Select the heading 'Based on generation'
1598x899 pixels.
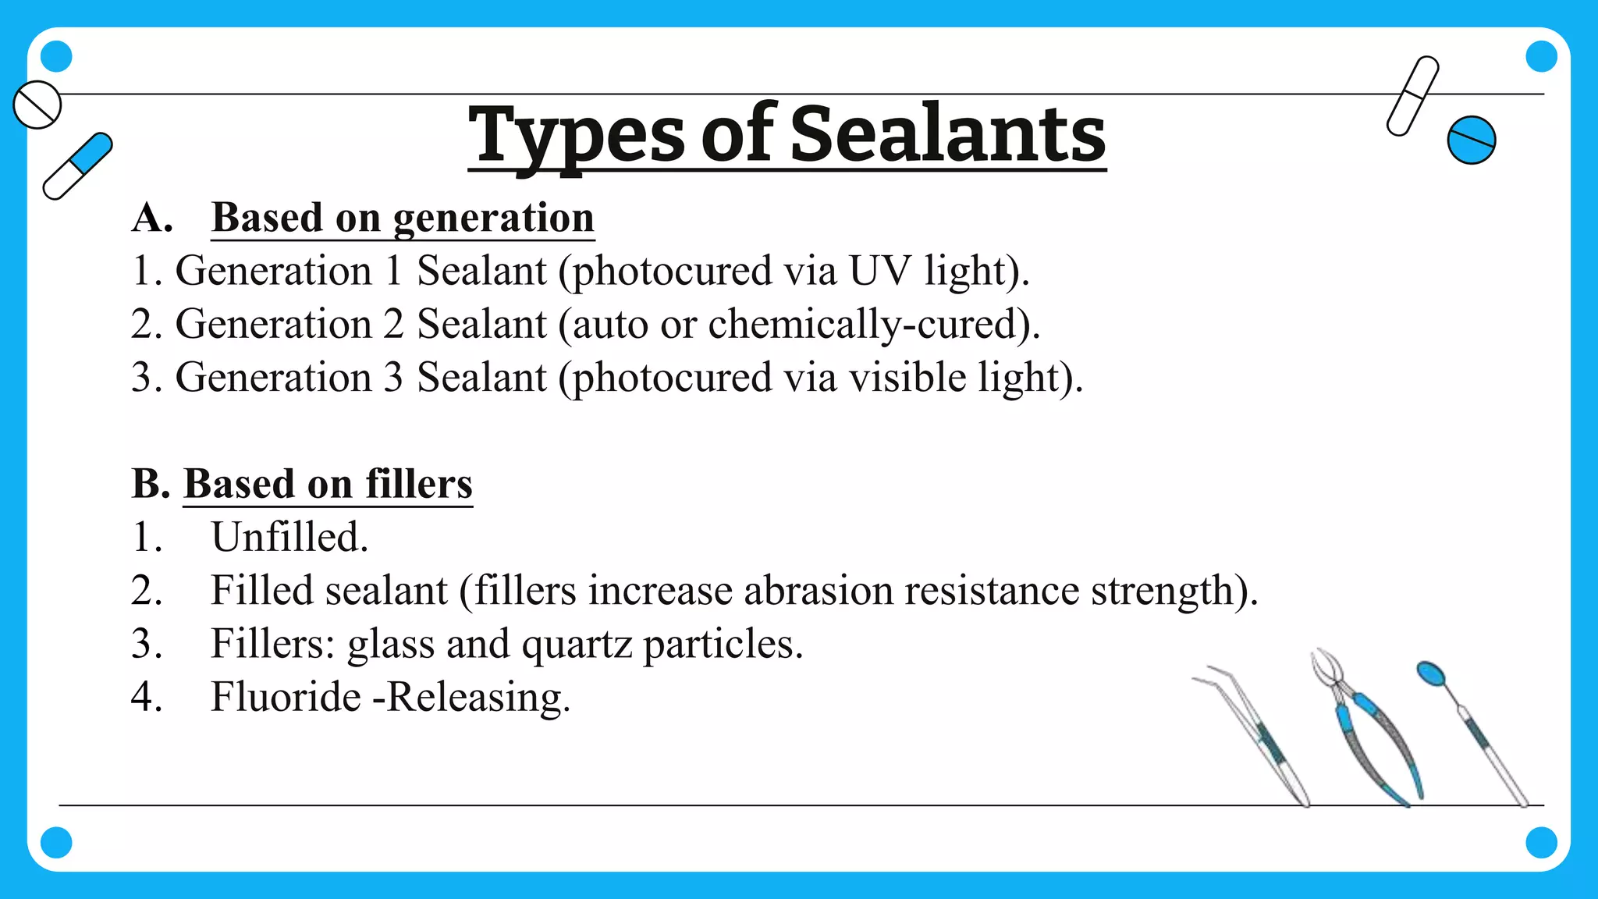click(403, 218)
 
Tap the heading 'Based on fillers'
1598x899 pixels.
click(328, 484)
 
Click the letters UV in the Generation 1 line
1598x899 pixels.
click(879, 271)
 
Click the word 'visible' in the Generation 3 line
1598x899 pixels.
click(907, 378)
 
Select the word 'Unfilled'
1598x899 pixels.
click(289, 538)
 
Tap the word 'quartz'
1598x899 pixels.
click(576, 645)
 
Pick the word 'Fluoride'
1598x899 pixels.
click(286, 698)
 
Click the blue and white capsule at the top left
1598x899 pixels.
click(78, 165)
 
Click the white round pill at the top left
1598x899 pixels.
click(37, 104)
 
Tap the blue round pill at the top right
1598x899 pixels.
click(1471, 140)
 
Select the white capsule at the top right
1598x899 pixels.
click(1412, 95)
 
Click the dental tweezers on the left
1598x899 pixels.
click(1260, 734)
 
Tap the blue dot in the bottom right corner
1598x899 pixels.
click(1541, 843)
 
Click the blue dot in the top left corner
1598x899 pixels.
click(56, 56)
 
